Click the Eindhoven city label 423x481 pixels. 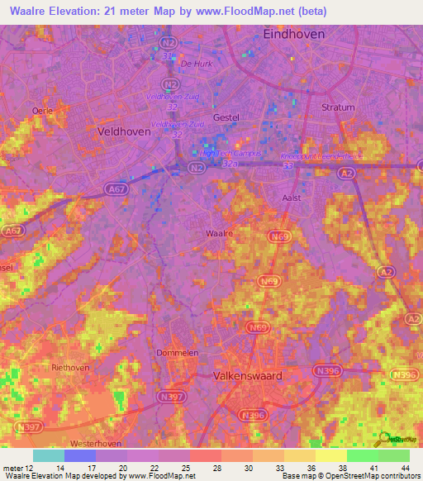pyautogui.click(x=293, y=34)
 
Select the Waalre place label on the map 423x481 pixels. pyautogui.click(x=218, y=234)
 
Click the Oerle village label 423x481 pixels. pyautogui.click(x=43, y=110)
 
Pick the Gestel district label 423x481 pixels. pyautogui.click(x=226, y=117)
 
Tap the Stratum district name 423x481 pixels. pyautogui.click(x=337, y=107)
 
